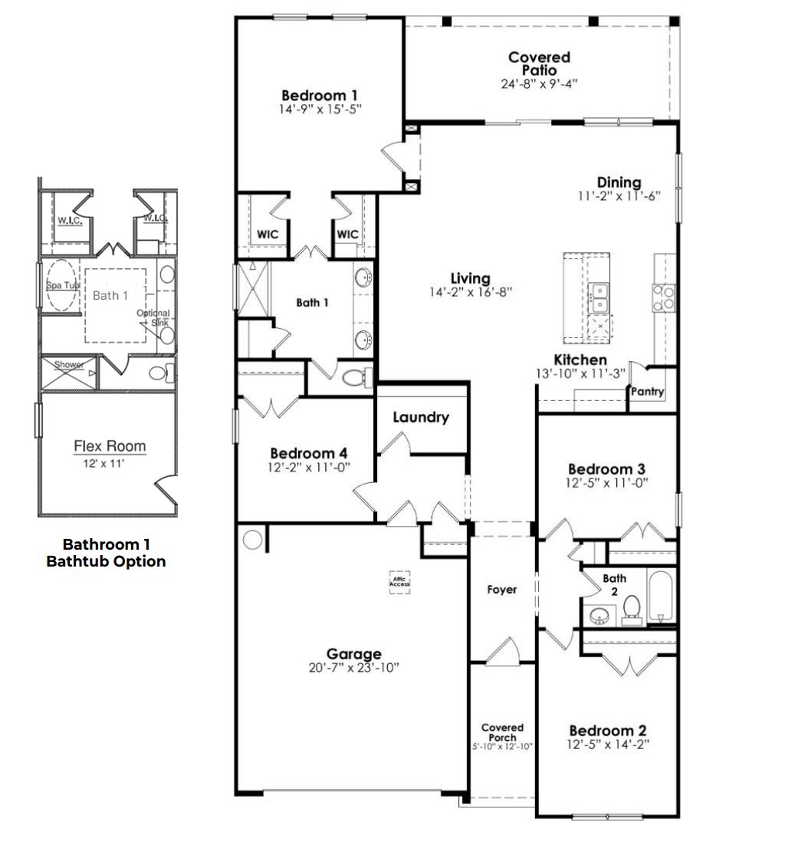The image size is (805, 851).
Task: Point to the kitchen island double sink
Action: (600, 297)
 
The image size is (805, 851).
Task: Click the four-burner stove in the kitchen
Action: (664, 297)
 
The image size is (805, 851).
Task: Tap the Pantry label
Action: (647, 392)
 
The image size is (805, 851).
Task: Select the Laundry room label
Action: (420, 417)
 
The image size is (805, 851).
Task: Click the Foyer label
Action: (502, 590)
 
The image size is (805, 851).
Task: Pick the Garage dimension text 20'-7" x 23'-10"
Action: (353, 668)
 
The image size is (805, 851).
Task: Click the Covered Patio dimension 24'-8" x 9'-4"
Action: (539, 83)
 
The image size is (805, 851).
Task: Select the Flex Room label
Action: (110, 446)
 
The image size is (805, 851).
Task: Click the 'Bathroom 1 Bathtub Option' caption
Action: (106, 553)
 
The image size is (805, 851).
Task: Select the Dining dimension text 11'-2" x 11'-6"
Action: (619, 196)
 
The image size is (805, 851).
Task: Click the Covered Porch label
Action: (502, 732)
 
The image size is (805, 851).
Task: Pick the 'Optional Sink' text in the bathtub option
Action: (153, 317)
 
